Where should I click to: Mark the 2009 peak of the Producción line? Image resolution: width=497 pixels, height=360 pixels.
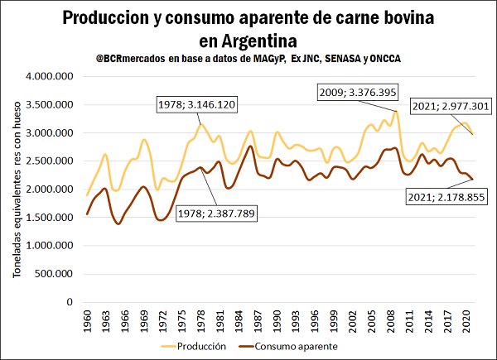[398, 112]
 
